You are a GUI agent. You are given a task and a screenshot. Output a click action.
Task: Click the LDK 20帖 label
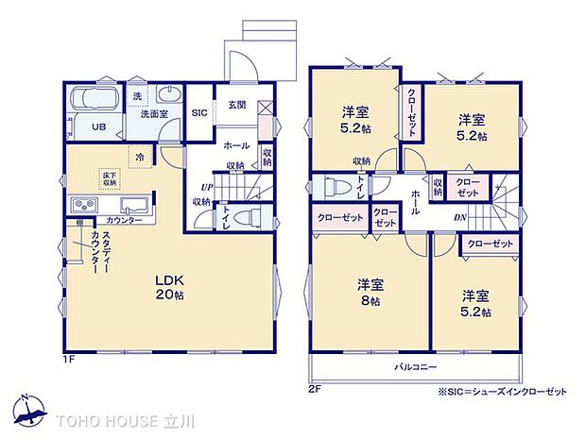171,287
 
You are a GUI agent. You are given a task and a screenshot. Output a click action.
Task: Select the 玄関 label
236,105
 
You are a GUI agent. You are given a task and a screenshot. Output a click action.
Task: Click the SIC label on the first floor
199,112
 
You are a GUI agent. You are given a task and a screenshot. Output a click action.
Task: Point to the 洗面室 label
154,113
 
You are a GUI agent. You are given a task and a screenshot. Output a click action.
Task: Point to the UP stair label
204,187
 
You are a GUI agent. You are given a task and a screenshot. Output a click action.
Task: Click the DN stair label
459,217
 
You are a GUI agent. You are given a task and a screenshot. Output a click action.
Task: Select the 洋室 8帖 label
369,292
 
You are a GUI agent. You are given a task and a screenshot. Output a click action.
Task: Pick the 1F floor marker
68,359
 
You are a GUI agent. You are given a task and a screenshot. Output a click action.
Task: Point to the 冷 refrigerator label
140,158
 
